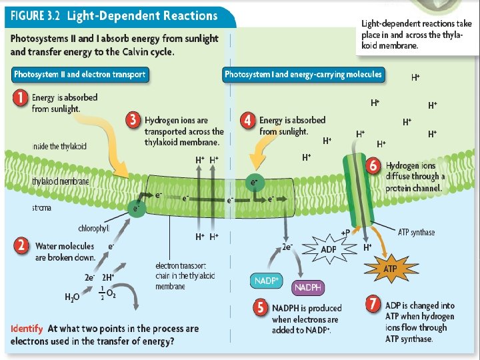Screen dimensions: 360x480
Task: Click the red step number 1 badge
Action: pyautogui.click(x=21, y=98)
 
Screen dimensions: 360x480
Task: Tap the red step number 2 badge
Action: pyautogui.click(x=22, y=246)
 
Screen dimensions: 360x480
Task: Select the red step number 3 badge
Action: pyautogui.click(x=133, y=120)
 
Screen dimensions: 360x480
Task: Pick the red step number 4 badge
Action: pyautogui.click(x=248, y=121)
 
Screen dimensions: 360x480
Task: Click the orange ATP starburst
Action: pyautogui.click(x=391, y=269)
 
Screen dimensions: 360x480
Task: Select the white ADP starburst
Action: pyautogui.click(x=329, y=250)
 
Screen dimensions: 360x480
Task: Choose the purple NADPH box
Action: pyautogui.click(x=308, y=288)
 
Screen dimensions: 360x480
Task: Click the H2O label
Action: pyautogui.click(x=72, y=297)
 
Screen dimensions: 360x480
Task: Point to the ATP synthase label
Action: pyautogui.click(x=416, y=232)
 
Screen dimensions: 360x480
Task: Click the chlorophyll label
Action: pyautogui.click(x=93, y=229)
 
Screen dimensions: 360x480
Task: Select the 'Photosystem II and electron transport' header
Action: pyautogui.click(x=81, y=75)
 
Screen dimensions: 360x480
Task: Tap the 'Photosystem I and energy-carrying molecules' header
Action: pyautogui.click(x=303, y=74)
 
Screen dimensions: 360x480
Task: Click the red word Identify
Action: pyautogui.click(x=27, y=329)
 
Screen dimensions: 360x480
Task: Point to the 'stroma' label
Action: pyautogui.click(x=23, y=208)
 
